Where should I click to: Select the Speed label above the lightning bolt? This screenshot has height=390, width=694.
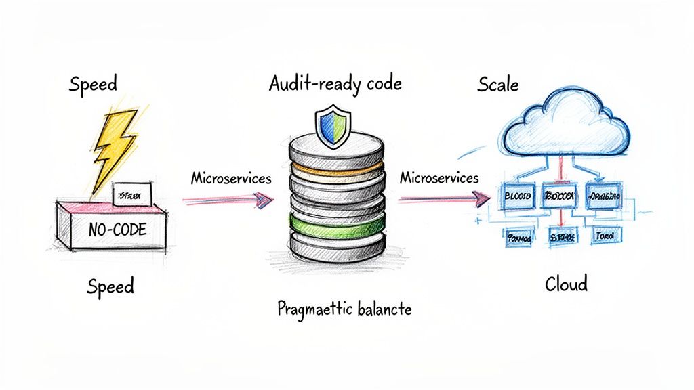(x=93, y=84)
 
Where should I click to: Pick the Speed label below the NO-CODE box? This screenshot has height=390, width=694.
(x=110, y=286)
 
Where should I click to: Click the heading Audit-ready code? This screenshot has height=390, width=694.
(x=335, y=84)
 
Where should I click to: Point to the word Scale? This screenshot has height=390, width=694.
(x=498, y=85)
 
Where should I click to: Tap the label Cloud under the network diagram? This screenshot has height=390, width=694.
(x=566, y=284)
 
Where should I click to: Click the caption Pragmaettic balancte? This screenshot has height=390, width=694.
(x=345, y=309)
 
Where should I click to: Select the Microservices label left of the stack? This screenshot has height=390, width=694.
(x=231, y=178)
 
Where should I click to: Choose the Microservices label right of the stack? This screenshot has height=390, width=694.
(x=439, y=178)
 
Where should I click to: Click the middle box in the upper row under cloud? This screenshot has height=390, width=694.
(x=559, y=195)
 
